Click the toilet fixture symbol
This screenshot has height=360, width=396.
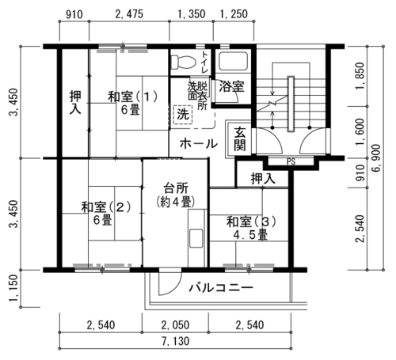point(183,63)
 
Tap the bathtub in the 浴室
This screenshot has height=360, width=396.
point(234,61)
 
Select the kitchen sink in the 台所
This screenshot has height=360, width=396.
point(196,238)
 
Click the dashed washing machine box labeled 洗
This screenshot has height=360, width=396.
point(183,114)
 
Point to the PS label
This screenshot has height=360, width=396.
point(291,161)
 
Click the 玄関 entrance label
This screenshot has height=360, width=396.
point(240,138)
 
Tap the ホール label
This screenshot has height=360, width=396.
point(199,144)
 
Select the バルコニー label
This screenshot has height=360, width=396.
point(221,287)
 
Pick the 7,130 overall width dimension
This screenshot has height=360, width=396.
point(175,341)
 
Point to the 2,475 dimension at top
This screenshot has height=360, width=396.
point(129,14)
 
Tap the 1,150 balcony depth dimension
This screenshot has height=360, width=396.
point(13,289)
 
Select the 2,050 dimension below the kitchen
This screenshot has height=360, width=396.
point(175,325)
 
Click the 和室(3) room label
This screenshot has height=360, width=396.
point(251,222)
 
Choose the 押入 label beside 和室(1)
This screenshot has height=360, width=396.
point(75,103)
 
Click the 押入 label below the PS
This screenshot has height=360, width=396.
point(263,179)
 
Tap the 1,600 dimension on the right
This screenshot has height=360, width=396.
point(360,132)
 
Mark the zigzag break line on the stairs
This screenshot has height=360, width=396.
point(272,103)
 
